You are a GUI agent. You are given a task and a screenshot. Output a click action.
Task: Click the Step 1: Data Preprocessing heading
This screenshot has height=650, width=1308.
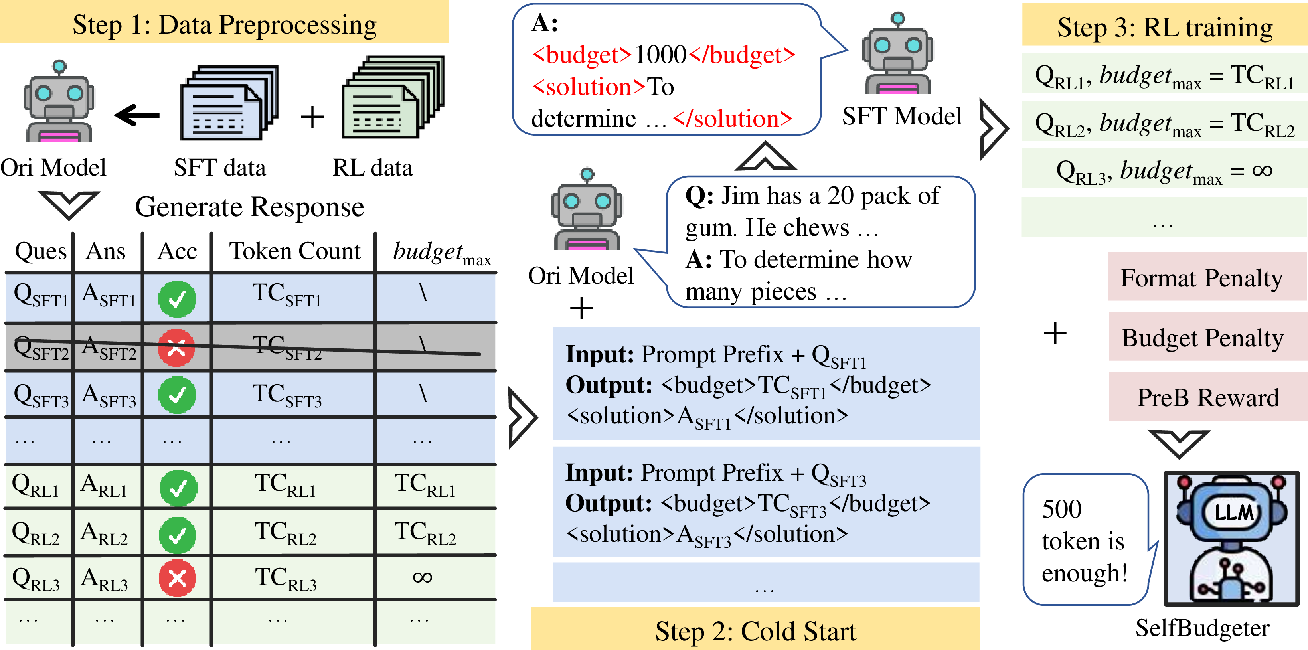click(224, 24)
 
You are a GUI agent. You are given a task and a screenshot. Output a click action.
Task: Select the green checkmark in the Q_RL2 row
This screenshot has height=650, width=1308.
click(178, 535)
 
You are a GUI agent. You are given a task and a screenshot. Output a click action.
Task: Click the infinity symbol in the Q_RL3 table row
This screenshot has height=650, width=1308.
click(423, 577)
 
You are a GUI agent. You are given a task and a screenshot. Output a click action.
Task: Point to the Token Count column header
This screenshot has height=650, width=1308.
click(294, 251)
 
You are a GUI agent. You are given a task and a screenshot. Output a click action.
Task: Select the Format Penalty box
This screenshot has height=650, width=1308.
click(1201, 278)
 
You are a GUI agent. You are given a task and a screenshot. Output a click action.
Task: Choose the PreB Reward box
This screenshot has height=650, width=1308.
click(1207, 397)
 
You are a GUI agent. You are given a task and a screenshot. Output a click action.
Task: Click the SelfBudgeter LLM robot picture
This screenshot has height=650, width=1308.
click(1231, 539)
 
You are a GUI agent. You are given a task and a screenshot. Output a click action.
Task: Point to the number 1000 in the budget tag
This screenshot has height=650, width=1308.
click(660, 54)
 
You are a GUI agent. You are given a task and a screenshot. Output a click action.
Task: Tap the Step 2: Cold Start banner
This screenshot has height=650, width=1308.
click(755, 631)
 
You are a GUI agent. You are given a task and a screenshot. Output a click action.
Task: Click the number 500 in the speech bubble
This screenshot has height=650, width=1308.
click(1062, 509)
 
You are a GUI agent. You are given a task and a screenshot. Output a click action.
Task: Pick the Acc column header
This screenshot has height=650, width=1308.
click(177, 251)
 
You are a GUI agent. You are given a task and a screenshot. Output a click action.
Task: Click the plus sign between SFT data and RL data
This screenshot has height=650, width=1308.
click(312, 117)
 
